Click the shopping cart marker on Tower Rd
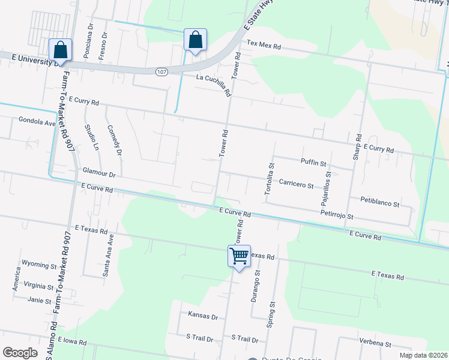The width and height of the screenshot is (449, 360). tap(239, 256)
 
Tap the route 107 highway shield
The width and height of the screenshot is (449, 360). tap(161, 71)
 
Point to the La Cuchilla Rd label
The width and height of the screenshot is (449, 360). tap(214, 85)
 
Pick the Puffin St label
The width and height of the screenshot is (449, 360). tap(313, 163)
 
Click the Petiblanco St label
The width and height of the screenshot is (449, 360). tap(380, 204)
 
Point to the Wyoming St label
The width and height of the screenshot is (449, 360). tap(39, 263)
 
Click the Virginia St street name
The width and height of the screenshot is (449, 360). tap(39, 285)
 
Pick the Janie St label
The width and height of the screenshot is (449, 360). tap(38, 299)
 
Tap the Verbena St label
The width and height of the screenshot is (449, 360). tap(375, 344)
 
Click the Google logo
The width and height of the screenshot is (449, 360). tap(20, 352)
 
